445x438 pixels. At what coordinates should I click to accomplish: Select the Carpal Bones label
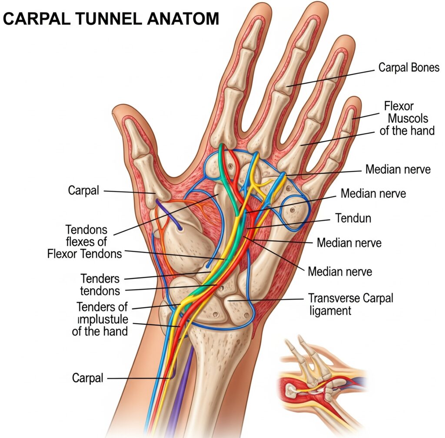(408, 68)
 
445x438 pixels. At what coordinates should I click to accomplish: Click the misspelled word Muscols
(408, 118)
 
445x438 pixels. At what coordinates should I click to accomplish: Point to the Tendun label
(353, 218)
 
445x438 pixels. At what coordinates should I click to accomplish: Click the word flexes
(86, 241)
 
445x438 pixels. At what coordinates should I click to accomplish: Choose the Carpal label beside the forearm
(88, 378)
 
